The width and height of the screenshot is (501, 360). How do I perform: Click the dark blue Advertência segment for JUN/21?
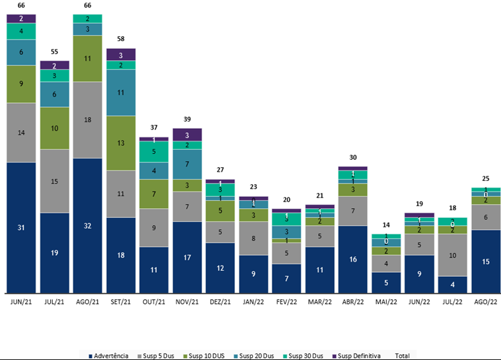point(21,227)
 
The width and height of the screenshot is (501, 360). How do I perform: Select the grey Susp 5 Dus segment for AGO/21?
point(88,120)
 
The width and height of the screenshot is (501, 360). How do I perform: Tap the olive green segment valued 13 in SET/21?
point(121,143)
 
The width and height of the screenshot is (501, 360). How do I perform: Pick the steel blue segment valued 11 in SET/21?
point(121,92)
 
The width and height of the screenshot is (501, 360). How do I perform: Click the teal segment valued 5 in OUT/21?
point(154,151)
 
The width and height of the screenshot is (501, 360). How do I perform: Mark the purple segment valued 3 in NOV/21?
point(187,135)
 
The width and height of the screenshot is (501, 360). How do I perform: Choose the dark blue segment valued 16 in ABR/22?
point(353,259)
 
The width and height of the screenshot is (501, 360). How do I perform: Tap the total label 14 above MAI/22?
point(386,225)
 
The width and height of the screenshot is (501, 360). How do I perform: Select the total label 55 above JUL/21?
point(55,52)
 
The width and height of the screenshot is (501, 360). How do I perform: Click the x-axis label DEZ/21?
point(220,301)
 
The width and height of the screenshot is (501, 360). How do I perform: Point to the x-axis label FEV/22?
point(286,301)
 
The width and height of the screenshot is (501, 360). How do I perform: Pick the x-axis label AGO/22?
point(485,301)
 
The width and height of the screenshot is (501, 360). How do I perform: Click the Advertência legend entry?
point(109,356)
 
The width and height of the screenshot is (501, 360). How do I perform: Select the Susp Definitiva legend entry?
point(359,356)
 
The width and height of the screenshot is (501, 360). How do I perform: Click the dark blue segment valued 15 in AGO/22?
point(485,261)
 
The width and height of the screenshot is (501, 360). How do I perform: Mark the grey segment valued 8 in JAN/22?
point(253,238)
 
